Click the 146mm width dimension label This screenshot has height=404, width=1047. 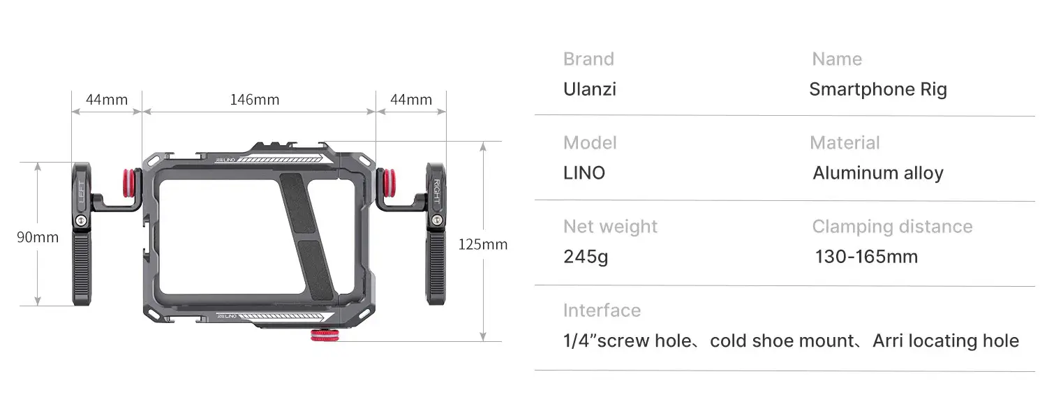[x=255, y=100]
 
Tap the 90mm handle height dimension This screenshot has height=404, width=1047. [x=38, y=237]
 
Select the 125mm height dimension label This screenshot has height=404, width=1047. [x=482, y=244]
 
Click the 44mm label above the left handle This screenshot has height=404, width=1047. [x=107, y=100]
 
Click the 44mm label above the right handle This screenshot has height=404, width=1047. [x=411, y=100]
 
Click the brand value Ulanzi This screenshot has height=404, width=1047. [x=589, y=89]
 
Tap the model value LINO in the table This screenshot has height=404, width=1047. [x=584, y=173]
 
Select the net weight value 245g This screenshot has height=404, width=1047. [x=586, y=257]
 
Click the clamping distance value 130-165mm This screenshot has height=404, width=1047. [x=866, y=257]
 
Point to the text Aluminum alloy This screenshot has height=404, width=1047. [x=877, y=173]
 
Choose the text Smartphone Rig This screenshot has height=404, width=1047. [x=877, y=89]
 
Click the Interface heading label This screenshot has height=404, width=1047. [x=601, y=311]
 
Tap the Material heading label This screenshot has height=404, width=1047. [x=845, y=143]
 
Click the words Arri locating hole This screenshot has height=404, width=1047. [x=946, y=341]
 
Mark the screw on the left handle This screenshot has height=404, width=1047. [x=82, y=220]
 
